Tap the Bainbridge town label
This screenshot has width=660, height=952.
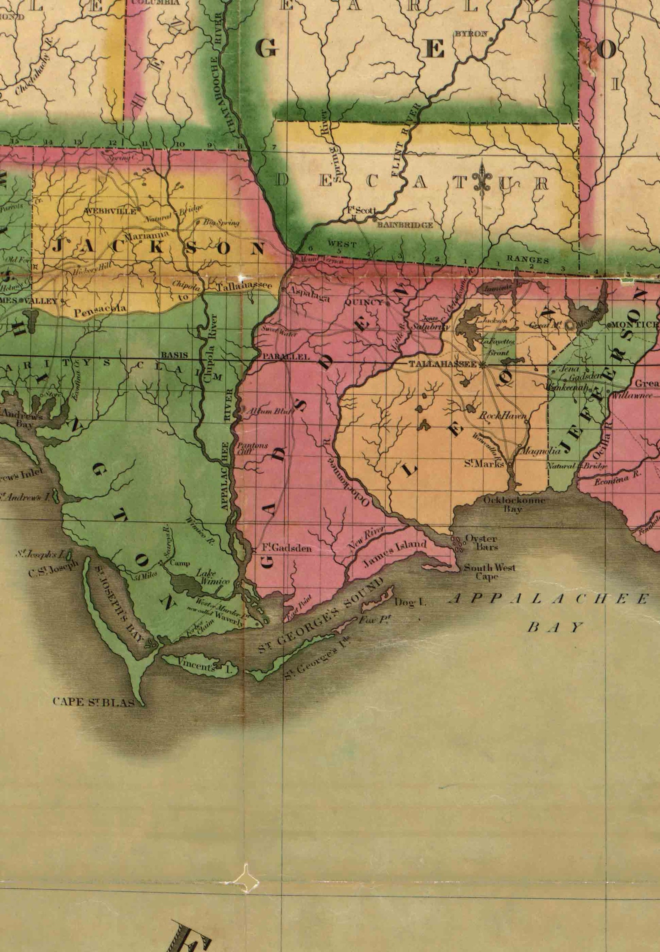pos(404,225)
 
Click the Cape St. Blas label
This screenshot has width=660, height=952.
pos(94,702)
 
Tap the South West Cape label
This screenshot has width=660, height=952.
pos(490,571)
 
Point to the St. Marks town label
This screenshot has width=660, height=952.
pos(484,464)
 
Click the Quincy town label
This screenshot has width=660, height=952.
pos(364,302)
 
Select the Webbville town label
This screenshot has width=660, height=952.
pos(110,211)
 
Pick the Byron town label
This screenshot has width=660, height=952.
pos(470,34)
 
